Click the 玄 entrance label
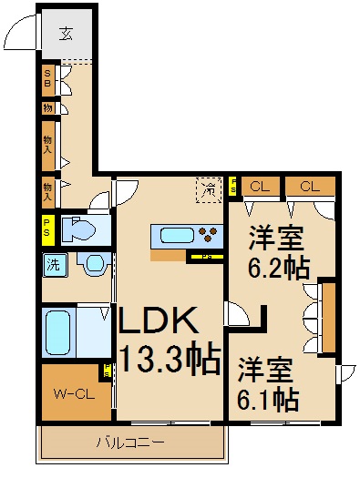tap(66, 36)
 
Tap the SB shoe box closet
tap(47, 79)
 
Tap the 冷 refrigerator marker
tap(209, 190)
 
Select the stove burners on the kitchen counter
tap(211, 235)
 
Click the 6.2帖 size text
tap(280, 268)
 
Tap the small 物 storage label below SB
tap(47, 107)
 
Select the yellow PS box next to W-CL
tap(108, 371)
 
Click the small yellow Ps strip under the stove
tap(207, 257)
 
